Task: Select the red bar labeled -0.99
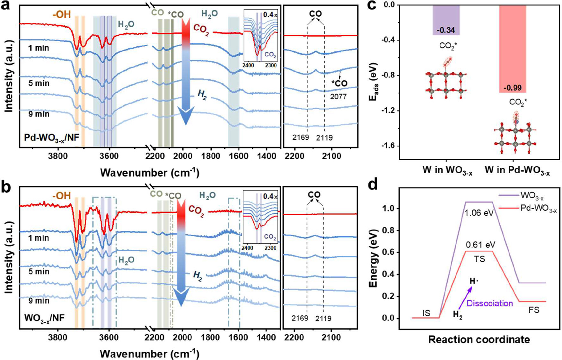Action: click(513, 48)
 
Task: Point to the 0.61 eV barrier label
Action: click(480, 245)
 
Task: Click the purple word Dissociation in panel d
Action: click(489, 303)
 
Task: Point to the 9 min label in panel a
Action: click(39, 114)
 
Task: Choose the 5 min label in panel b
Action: click(39, 272)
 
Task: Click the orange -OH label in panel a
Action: click(62, 14)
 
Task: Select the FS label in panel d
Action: click(534, 310)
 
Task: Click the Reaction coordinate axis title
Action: click(479, 339)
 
